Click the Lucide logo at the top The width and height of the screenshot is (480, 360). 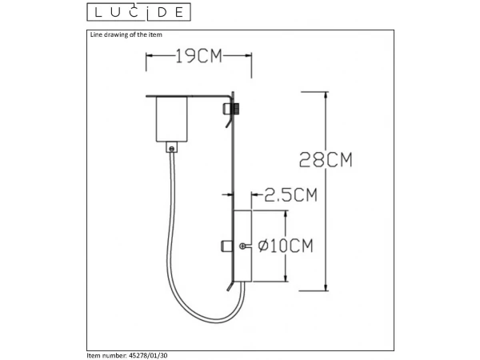138,12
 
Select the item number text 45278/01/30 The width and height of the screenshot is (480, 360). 129,354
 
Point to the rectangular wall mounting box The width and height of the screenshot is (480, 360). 242,245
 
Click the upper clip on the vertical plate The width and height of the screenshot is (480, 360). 231,110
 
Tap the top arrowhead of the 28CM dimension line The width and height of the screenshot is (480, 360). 326,95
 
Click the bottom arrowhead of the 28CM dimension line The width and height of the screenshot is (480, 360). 326,286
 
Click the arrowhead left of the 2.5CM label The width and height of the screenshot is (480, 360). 255,194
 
